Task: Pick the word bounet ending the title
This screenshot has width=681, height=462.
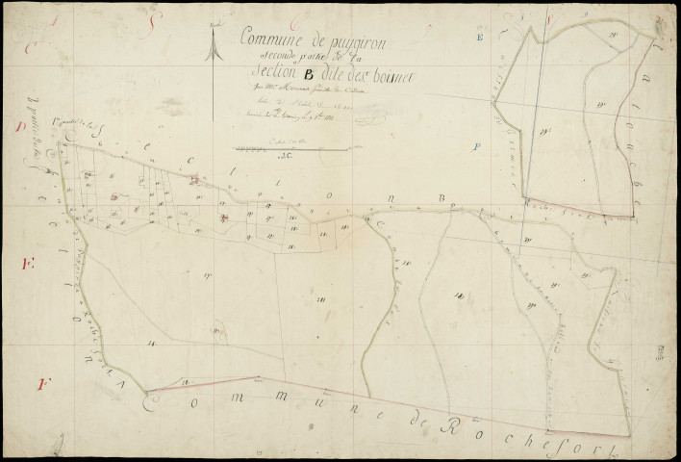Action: pyautogui.click(x=391, y=79)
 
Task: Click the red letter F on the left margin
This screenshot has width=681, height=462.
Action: pyautogui.click(x=40, y=385)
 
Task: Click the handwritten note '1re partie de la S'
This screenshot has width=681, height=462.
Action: pyautogui.click(x=81, y=145)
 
